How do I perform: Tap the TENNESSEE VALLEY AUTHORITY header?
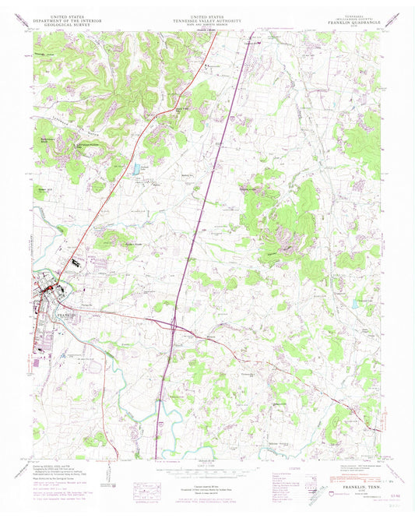pos(208,20)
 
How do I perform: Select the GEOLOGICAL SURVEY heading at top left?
pos(66,24)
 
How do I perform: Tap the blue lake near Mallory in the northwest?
pos(138,167)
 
